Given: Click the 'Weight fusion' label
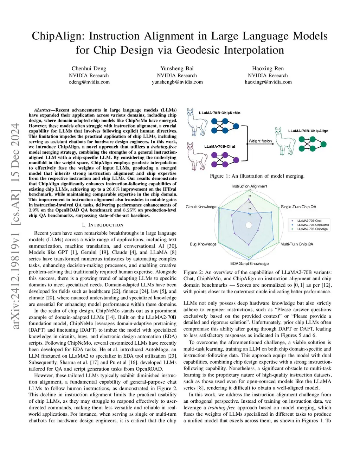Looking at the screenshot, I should point(260,141).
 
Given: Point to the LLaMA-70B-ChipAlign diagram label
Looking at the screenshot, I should point(308,131).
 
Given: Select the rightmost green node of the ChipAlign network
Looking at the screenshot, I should point(324,144).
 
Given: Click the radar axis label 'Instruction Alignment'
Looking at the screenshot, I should point(249,186).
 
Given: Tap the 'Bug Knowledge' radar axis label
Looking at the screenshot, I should point(203,244).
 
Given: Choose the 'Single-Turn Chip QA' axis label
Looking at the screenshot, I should point(298,207).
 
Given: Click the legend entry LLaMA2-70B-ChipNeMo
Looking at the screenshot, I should point(313,225).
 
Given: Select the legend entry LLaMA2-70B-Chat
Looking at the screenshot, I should point(309,221).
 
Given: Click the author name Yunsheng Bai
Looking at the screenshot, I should point(177,69).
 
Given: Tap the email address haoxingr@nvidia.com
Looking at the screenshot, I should point(268,82).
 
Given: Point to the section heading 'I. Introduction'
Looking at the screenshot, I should point(103,225).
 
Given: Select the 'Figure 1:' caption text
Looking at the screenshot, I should point(219,176).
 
